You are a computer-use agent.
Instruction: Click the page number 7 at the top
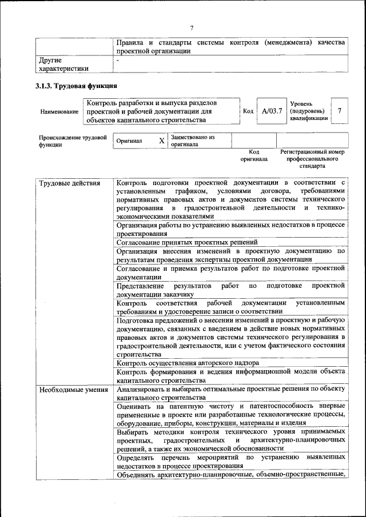click(192, 28)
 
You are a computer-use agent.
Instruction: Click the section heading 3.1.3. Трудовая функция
click(77, 86)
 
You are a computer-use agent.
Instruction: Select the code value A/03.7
click(272, 110)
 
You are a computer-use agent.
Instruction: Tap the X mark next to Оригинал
click(161, 141)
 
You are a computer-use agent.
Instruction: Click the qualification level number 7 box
click(340, 110)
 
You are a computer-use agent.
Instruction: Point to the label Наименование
click(59, 111)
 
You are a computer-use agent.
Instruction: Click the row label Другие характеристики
click(63, 64)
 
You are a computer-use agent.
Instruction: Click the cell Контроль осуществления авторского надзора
click(188, 362)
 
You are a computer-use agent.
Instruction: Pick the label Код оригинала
click(254, 156)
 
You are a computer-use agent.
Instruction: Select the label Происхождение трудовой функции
click(72, 141)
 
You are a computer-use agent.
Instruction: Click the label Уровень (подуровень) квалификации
click(309, 110)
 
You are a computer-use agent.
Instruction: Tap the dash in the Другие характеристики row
click(118, 60)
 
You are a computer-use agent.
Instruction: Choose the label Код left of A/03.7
click(248, 110)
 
